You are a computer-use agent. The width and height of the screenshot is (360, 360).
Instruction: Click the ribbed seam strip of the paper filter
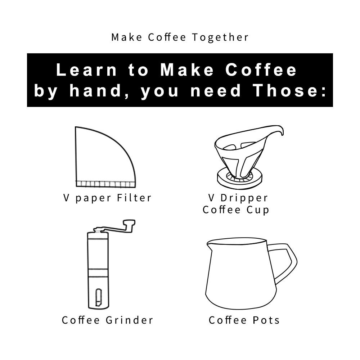tap(105, 184)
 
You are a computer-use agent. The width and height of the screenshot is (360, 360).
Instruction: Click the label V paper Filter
tap(107, 198)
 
